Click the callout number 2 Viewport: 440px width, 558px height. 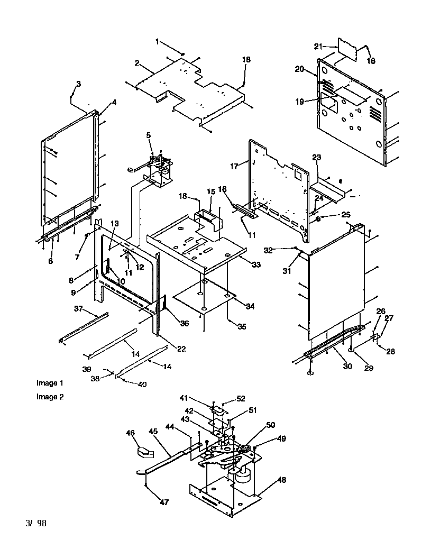[136, 63]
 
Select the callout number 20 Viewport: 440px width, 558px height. [299, 69]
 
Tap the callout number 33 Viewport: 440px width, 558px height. [256, 265]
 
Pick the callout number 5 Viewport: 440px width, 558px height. [149, 135]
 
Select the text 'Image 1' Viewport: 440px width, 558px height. [50, 383]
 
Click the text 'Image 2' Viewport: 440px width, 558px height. [50, 397]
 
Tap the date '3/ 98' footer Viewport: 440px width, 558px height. [35, 524]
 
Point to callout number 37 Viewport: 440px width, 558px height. [78, 309]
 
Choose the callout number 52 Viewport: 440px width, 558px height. [241, 398]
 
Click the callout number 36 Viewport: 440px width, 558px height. [184, 324]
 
